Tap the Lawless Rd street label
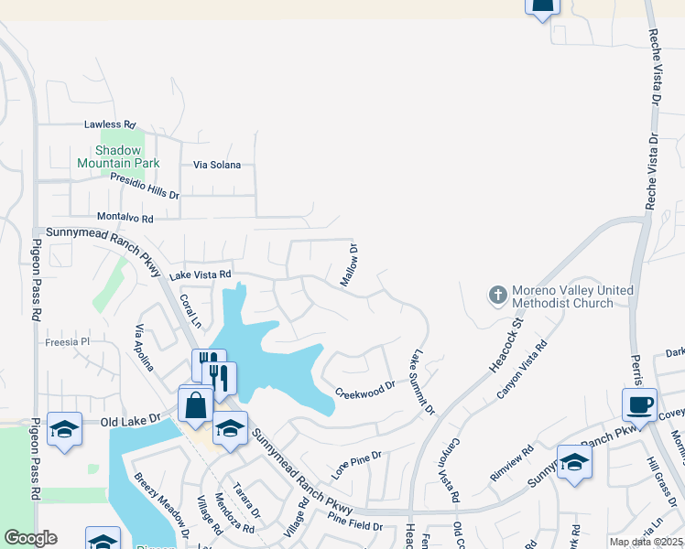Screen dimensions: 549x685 [109, 124]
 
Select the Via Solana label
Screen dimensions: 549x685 [217, 165]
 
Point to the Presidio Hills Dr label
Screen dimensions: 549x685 [145, 188]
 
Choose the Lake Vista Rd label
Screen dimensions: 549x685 [199, 274]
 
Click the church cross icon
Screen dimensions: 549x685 [497, 296]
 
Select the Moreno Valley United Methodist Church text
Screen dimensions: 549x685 [572, 296]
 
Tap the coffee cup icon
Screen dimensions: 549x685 [639, 404]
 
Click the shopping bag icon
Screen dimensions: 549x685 [195, 404]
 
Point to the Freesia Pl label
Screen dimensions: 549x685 [69, 342]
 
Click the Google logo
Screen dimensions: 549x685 [31, 538]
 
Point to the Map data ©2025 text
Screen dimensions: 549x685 [646, 542]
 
